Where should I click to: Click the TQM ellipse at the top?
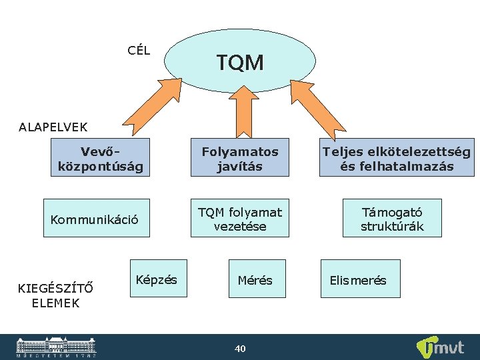(240, 62)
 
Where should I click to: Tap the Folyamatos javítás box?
(239, 157)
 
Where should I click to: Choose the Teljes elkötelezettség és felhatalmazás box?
(396, 157)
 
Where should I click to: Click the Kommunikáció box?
(96, 218)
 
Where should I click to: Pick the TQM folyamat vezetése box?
(239, 218)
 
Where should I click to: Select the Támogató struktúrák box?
(392, 218)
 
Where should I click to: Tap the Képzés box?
(157, 279)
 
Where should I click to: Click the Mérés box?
(255, 279)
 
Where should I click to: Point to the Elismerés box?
(359, 279)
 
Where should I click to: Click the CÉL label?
(139, 50)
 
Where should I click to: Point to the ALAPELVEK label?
(53, 126)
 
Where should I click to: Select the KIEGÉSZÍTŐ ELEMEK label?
(55, 295)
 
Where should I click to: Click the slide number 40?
(240, 348)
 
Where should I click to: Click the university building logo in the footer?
(56, 347)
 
